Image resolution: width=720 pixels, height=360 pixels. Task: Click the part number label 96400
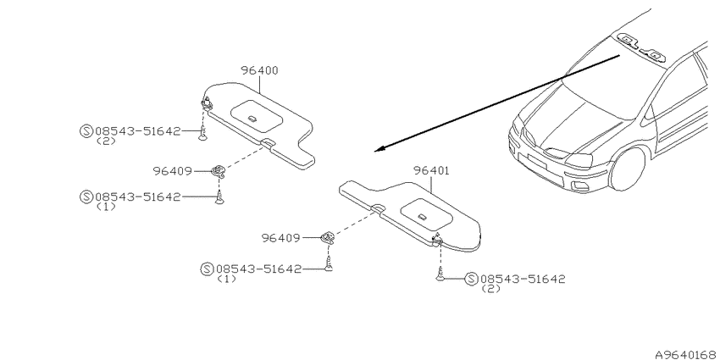pyautogui.click(x=259, y=70)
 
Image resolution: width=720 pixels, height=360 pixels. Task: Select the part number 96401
pyautogui.click(x=431, y=171)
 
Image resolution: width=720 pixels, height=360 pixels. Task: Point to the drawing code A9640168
pyautogui.click(x=684, y=354)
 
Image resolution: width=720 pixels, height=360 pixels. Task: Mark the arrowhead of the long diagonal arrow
pyautogui.click(x=379, y=149)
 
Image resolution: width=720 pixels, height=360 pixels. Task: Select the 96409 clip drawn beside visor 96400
pyautogui.click(x=219, y=172)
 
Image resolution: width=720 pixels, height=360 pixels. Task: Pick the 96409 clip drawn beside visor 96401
pyautogui.click(x=327, y=237)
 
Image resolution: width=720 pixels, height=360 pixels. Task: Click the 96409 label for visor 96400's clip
pyautogui.click(x=172, y=171)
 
